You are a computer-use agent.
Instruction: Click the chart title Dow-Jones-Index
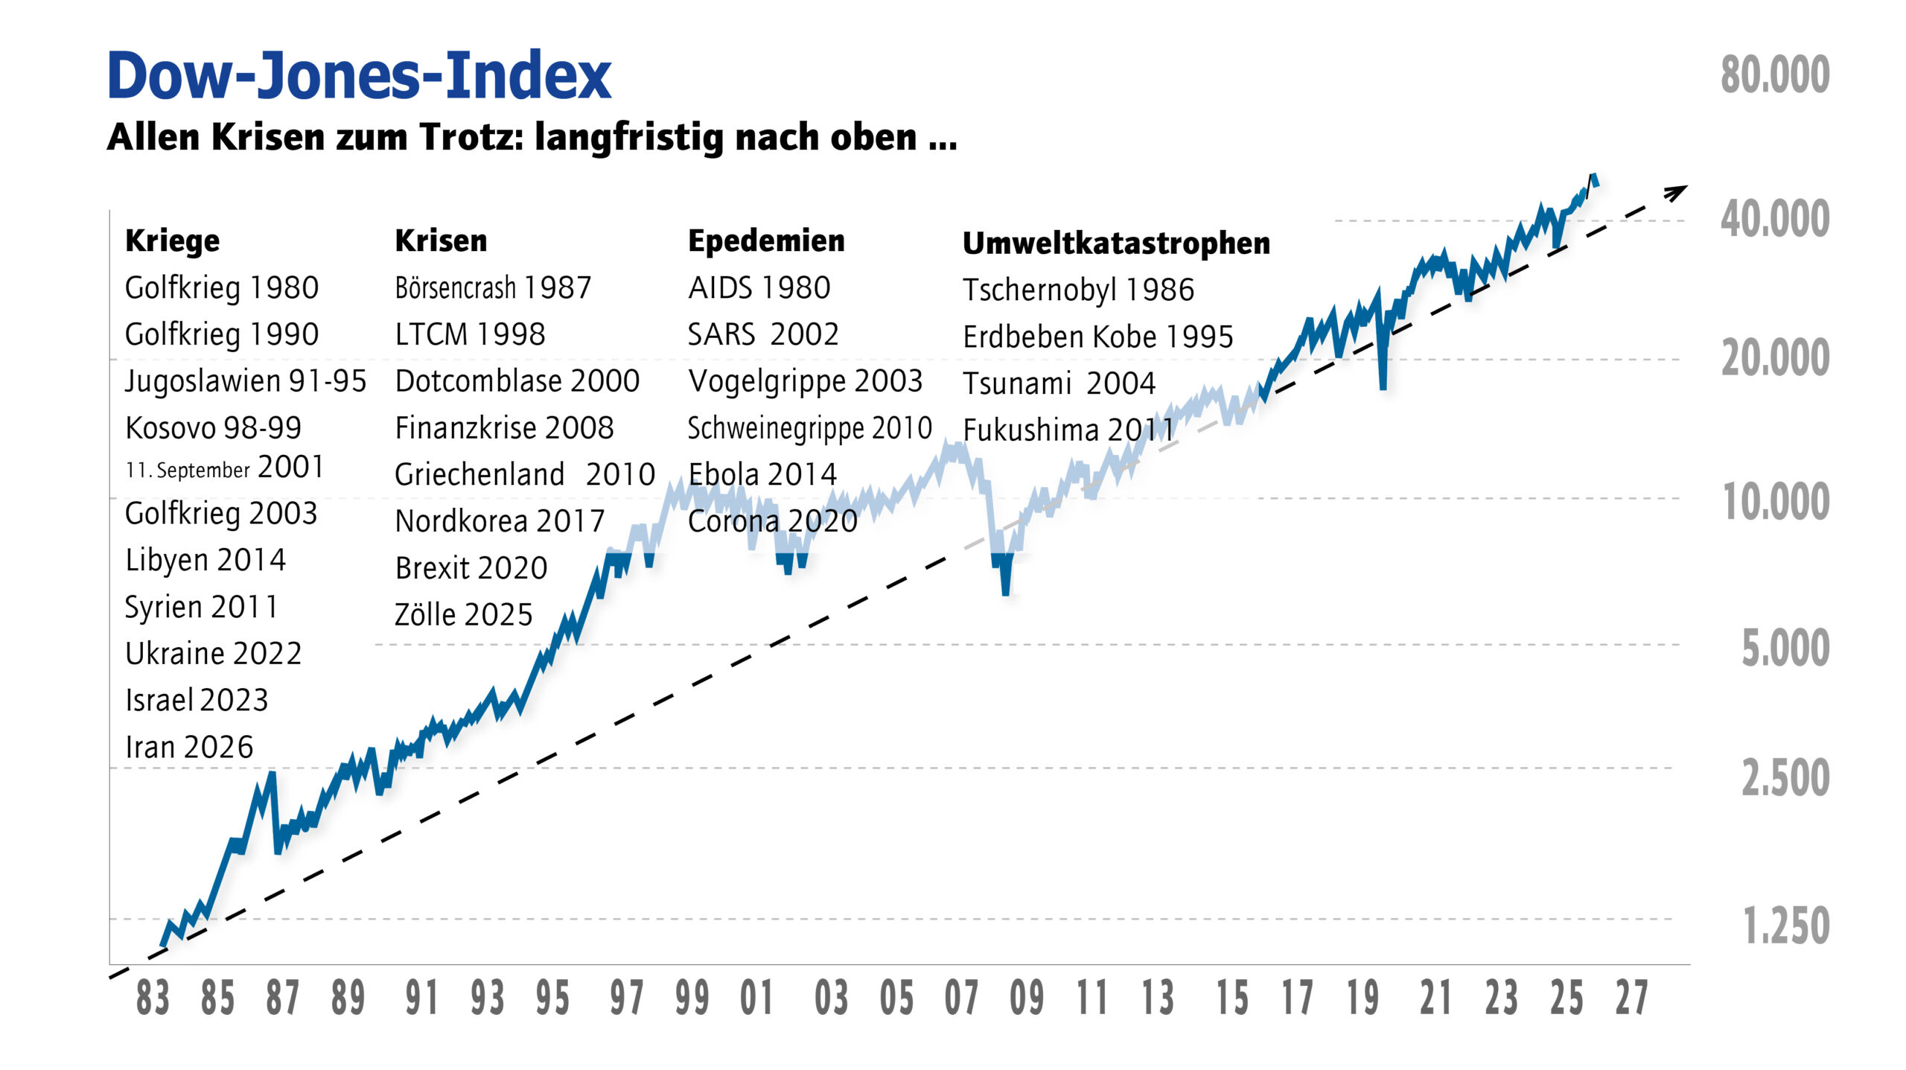pyautogui.click(x=359, y=76)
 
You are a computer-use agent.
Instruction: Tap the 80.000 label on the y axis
pyautogui.click(x=1774, y=75)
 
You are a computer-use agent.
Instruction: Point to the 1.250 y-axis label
pyautogui.click(x=1785, y=926)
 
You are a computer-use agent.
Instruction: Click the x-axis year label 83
pyautogui.click(x=153, y=999)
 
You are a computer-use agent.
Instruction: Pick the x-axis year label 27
pyautogui.click(x=1631, y=999)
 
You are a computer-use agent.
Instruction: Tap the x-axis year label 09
pyautogui.click(x=1027, y=999)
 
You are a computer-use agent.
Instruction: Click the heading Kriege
pyautogui.click(x=173, y=241)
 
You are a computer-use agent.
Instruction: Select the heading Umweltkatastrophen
pyautogui.click(x=1116, y=243)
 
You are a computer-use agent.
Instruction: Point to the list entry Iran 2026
pyautogui.click(x=189, y=747)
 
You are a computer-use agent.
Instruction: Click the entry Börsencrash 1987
pyautogui.click(x=493, y=287)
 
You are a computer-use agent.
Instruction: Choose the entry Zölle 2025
pyautogui.click(x=463, y=615)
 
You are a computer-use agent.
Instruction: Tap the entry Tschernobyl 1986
pyautogui.click(x=1078, y=290)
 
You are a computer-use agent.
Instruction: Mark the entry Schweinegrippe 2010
pyautogui.click(x=809, y=428)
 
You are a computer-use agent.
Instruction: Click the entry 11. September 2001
pyautogui.click(x=224, y=468)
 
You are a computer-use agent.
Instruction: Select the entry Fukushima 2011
pyautogui.click(x=1068, y=430)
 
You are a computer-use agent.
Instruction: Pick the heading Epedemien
pyautogui.click(x=766, y=241)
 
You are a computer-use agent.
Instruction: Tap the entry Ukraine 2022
pyautogui.click(x=213, y=654)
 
